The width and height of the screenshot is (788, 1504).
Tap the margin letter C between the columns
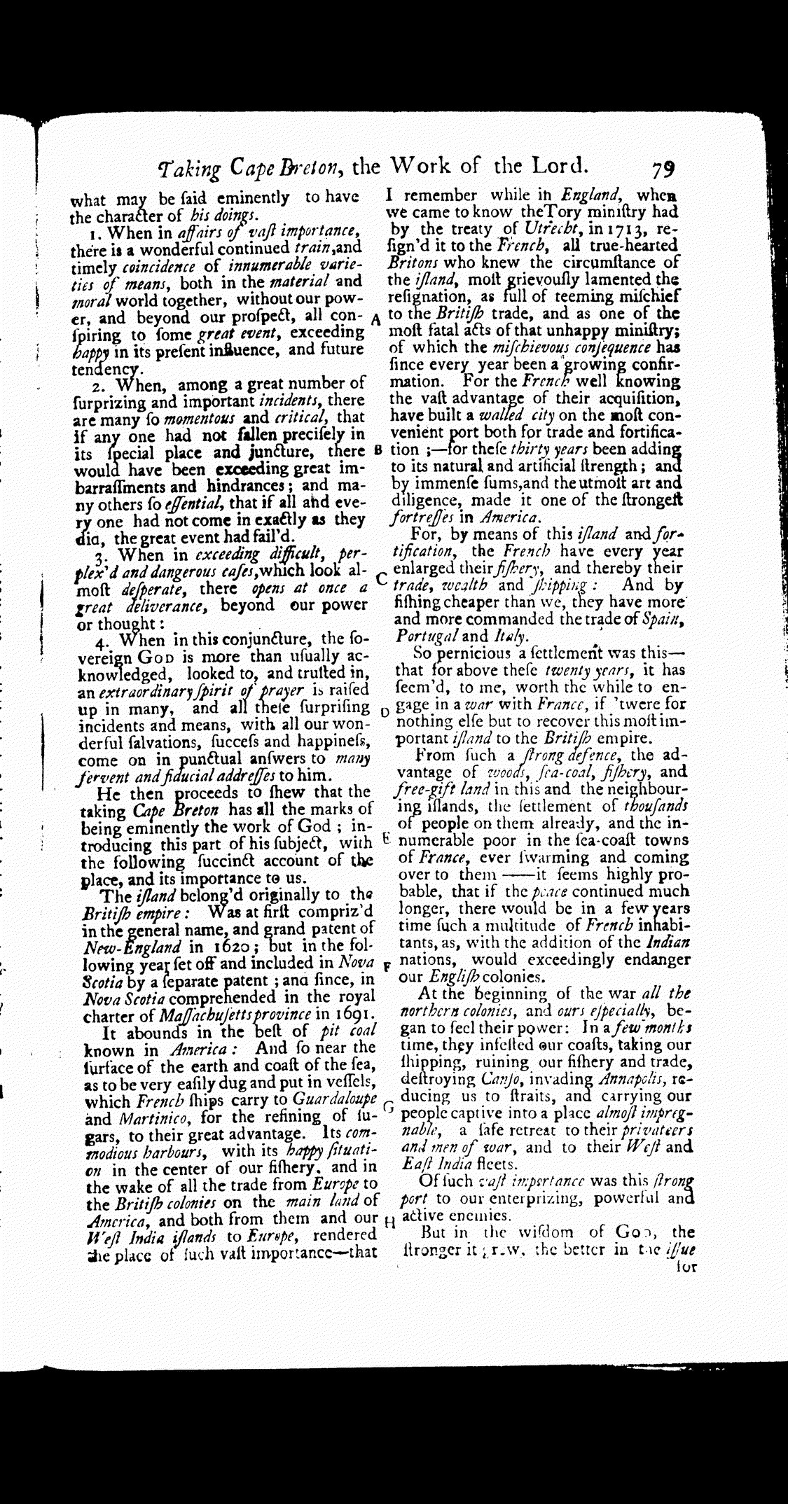tap(381, 578)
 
